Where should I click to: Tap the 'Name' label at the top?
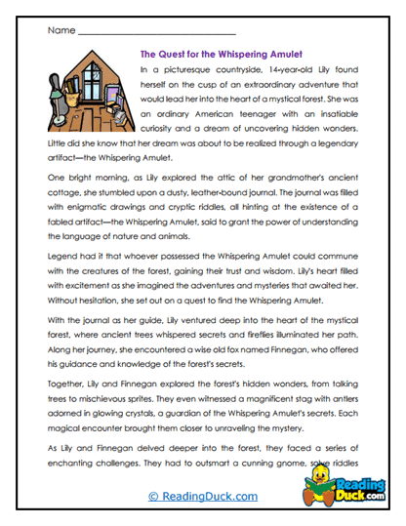[60, 30]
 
